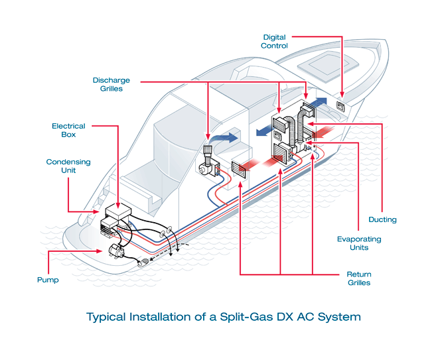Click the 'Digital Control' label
pos(275,41)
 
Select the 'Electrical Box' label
pos(64,130)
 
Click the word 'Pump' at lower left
pos(48,280)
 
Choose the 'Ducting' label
pos(382,219)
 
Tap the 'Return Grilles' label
pos(359,278)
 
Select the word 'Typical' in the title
pos(109,317)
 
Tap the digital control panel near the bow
pos(340,105)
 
